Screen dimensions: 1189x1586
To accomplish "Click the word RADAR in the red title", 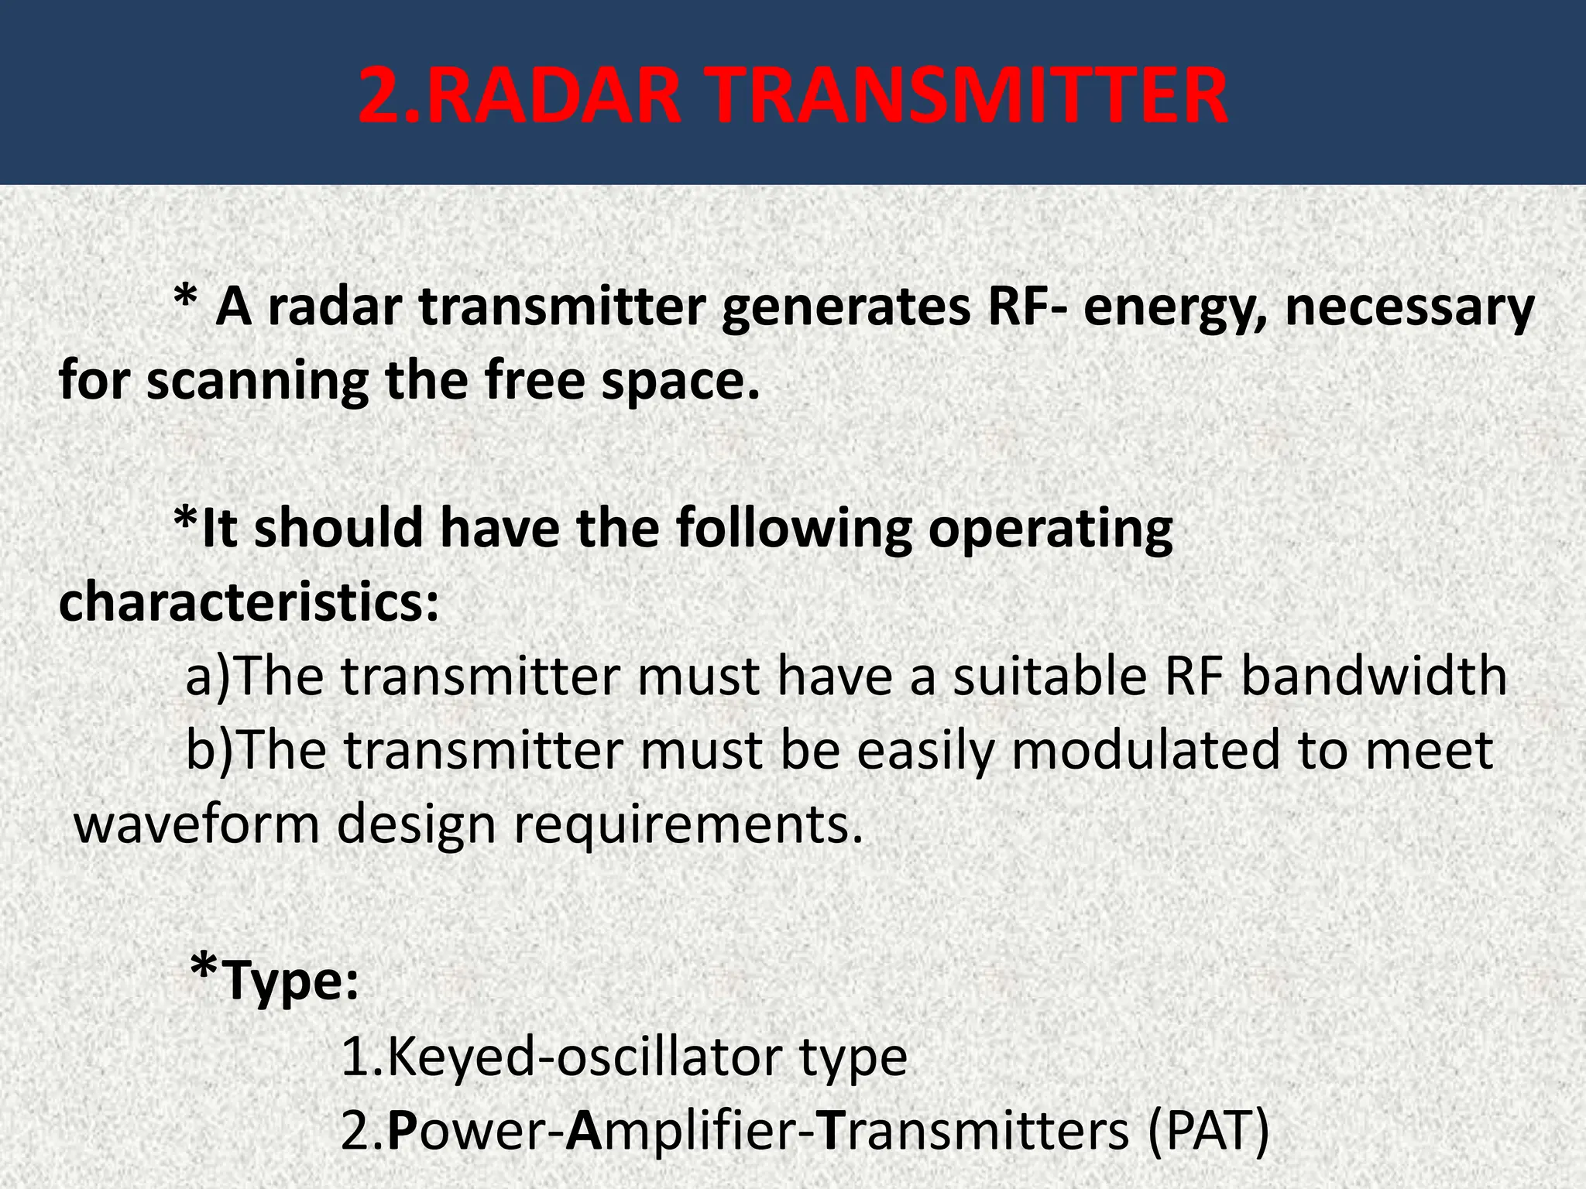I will coord(554,96).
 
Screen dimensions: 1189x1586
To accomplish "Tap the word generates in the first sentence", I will coord(845,307).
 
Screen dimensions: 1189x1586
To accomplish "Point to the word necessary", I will coord(1409,307).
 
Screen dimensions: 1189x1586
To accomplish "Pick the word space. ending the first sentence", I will coord(681,382).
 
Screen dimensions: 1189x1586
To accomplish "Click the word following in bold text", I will coord(794,529).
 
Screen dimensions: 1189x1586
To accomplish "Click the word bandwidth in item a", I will coord(1375,676).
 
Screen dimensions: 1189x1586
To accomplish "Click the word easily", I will coord(925,750).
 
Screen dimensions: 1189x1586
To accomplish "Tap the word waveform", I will coord(197,824).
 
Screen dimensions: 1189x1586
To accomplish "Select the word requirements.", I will coord(688,824).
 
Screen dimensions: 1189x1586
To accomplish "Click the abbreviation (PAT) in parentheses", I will coord(1209,1131).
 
